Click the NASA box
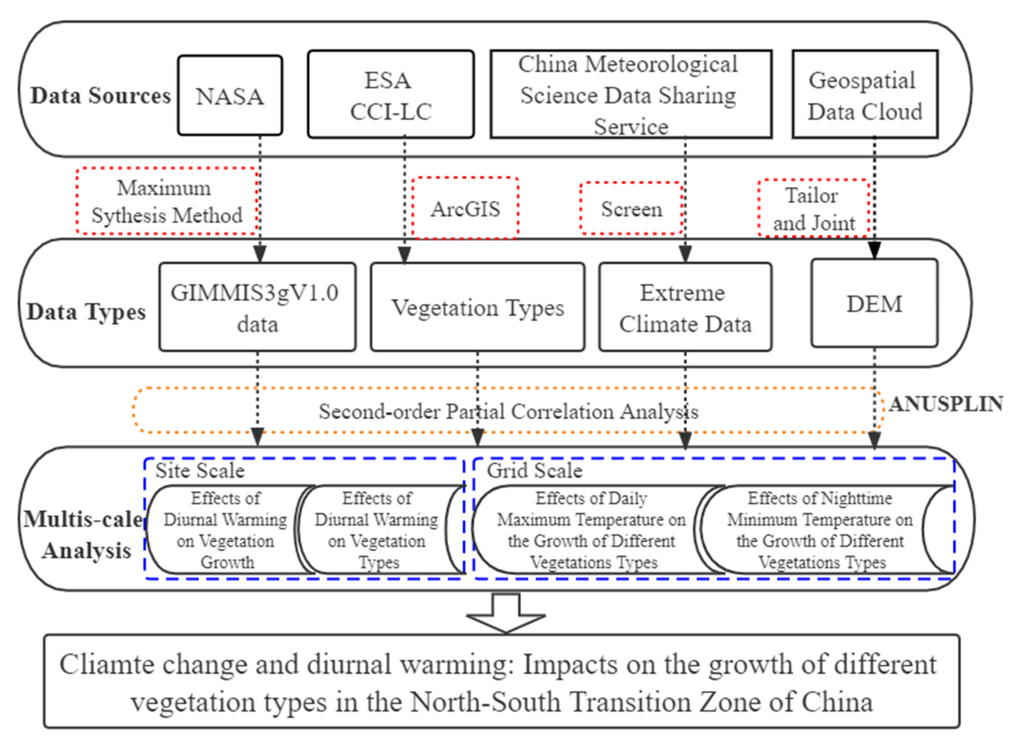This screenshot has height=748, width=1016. [x=230, y=96]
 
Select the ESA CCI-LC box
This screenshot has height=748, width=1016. [x=390, y=95]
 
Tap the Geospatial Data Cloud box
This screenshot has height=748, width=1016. [x=865, y=95]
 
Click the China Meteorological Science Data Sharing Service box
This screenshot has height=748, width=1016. [x=631, y=95]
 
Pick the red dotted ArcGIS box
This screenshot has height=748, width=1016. [x=465, y=208]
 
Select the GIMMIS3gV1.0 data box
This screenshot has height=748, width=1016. [x=257, y=307]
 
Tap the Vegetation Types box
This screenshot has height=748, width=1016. [x=478, y=307]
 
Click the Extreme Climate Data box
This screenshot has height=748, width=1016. [x=685, y=307]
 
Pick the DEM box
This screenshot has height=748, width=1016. [x=874, y=304]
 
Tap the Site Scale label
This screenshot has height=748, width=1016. [x=200, y=471]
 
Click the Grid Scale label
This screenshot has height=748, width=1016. [x=535, y=471]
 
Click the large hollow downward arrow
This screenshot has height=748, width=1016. [x=506, y=613]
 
